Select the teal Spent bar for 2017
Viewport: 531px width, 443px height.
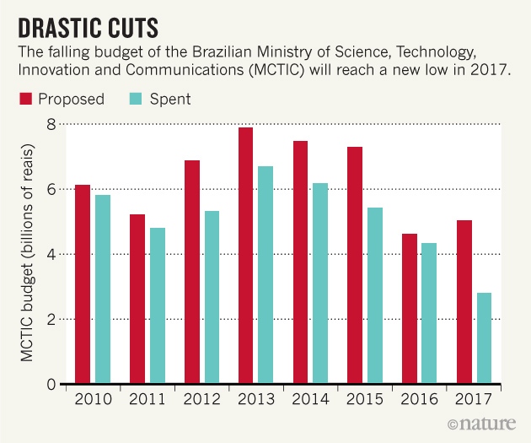point(484,338)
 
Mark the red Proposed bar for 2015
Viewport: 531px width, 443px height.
point(355,265)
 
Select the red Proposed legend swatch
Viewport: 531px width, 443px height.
point(26,100)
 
